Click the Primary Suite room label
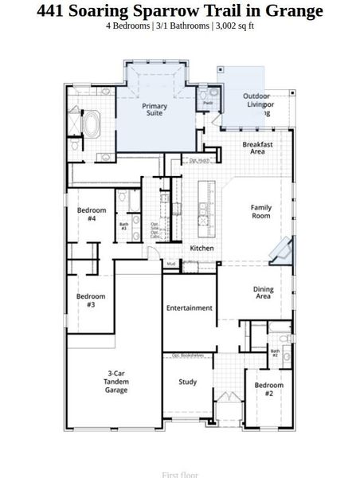point(155,110)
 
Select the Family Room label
point(260,212)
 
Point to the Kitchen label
point(202,249)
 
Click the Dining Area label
point(263,293)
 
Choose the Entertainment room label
point(190,308)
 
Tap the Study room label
point(187,382)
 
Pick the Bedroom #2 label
point(269,390)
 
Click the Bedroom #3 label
point(91,300)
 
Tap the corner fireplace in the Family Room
point(280,251)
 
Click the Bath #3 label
point(123,226)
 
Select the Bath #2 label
point(275,352)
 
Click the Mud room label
point(170,264)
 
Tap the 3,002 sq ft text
point(234,26)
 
